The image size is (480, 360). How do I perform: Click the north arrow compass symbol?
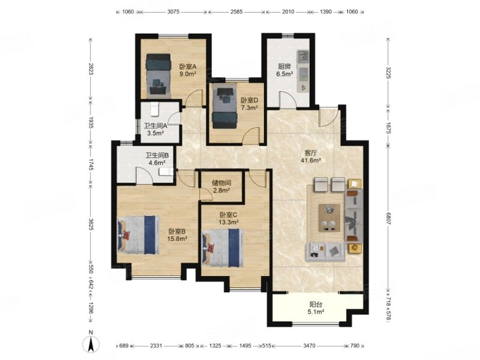tap(91, 344)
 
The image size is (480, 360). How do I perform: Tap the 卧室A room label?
tap(188, 67)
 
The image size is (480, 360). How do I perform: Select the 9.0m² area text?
tap(188, 74)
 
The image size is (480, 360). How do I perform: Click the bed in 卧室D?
tap(225, 107)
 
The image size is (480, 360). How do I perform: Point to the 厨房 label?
tap(284, 67)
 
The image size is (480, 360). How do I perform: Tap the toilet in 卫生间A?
tap(155, 109)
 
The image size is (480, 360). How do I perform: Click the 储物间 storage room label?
tap(221, 183)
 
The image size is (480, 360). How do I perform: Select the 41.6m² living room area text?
tap(310, 160)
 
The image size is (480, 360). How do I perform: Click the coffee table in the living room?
tap(329, 218)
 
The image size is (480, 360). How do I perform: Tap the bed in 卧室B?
tap(139, 235)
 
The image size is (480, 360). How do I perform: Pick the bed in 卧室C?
tap(223, 248)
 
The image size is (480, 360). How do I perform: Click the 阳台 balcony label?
tap(316, 305)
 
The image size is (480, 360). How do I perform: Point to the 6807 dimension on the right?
tap(388, 218)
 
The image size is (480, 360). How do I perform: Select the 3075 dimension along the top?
tap(173, 12)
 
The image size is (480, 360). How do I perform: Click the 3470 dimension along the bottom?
tap(309, 346)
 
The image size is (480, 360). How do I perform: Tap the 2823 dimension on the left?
tap(91, 69)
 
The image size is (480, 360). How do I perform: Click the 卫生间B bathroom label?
tap(157, 155)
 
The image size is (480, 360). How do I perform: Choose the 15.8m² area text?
tap(177, 239)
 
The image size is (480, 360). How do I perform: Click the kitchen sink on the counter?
tap(304, 56)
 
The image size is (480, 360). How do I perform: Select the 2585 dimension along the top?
tap(236, 12)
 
